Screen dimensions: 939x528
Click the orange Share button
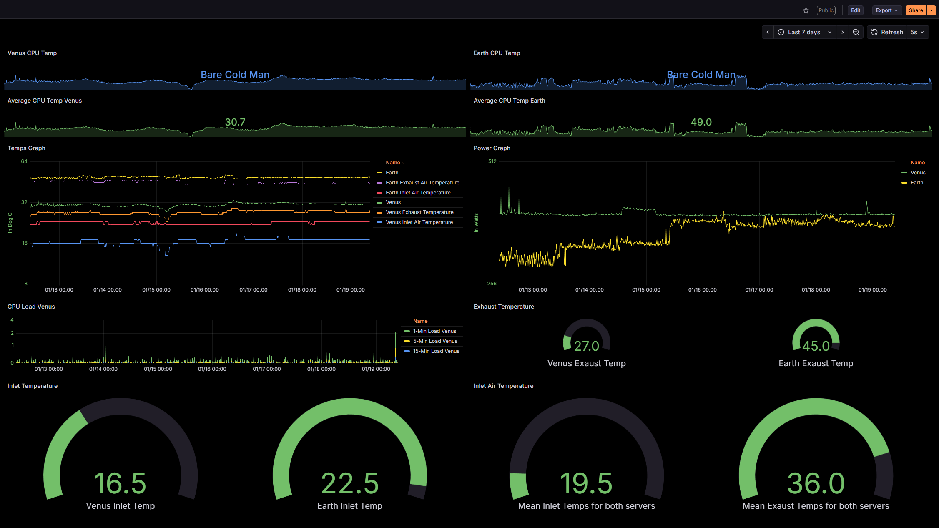click(x=916, y=10)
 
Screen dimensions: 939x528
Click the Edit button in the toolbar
click(x=856, y=10)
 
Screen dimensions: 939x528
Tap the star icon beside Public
click(x=806, y=10)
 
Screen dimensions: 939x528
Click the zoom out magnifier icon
click(x=856, y=32)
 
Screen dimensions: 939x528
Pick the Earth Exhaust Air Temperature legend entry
click(x=422, y=183)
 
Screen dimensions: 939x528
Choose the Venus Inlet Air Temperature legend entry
click(x=419, y=222)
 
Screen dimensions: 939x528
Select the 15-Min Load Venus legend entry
click(x=436, y=351)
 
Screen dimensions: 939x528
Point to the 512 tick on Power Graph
click(x=492, y=161)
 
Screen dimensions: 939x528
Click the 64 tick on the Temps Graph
click(x=24, y=161)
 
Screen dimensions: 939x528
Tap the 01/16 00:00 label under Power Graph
click(x=703, y=290)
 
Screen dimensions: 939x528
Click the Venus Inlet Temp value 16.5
click(x=120, y=483)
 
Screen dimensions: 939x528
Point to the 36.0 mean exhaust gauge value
click(x=816, y=483)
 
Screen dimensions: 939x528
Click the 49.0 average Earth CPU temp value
click(x=701, y=122)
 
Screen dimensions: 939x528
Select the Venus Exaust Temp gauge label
click(x=587, y=363)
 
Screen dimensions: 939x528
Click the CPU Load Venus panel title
click(x=31, y=307)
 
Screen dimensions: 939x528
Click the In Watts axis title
click(x=476, y=223)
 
